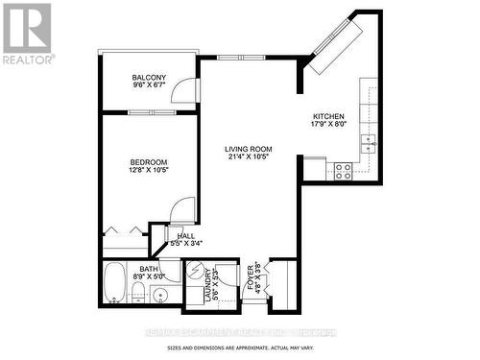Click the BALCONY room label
[149, 78]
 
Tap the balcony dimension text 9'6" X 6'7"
[149, 87]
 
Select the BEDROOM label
[149, 161]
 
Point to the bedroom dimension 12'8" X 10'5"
[149, 171]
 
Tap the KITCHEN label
[328, 116]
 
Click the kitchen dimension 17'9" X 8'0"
[328, 125]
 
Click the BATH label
[149, 270]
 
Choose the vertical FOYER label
[252, 279]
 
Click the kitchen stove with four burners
[342, 171]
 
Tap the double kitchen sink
[369, 144]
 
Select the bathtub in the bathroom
[114, 283]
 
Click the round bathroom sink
[160, 295]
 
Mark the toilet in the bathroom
[138, 291]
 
